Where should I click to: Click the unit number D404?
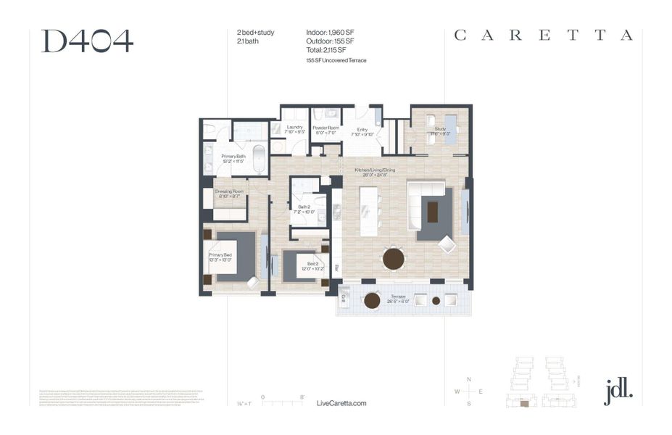(87, 41)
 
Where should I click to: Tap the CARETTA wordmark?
(544, 36)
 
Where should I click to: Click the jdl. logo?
(618, 391)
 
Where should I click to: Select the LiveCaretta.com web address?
(342, 403)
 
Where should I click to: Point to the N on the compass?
(469, 380)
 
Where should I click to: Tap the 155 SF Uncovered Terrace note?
(336, 61)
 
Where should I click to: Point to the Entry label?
(361, 131)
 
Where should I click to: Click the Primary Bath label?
(233, 158)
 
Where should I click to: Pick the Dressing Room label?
(229, 194)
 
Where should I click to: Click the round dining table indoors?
(394, 258)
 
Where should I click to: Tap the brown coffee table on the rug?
(433, 212)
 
